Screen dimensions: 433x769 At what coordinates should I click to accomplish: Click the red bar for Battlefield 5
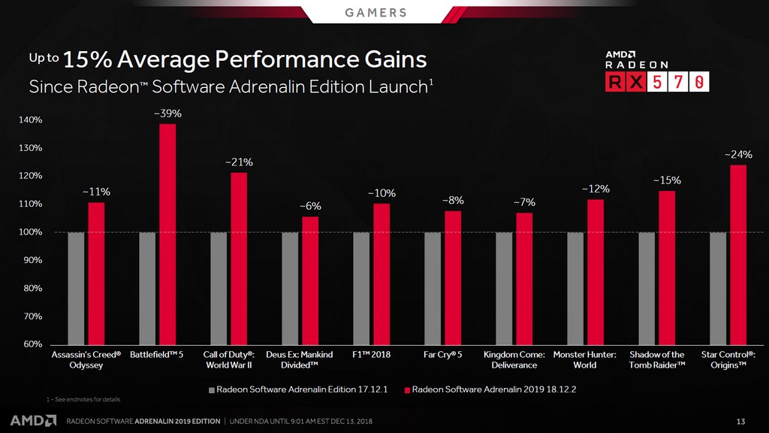(x=167, y=233)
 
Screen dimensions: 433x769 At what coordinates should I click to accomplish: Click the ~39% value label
(x=167, y=114)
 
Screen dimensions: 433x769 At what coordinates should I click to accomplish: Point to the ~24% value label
(x=738, y=154)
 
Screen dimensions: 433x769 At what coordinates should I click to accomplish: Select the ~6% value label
(x=310, y=206)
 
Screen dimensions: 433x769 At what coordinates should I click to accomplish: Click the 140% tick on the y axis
(x=31, y=120)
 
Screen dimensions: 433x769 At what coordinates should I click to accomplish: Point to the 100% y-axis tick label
(x=31, y=232)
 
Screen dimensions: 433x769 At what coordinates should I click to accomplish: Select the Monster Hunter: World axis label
(x=585, y=359)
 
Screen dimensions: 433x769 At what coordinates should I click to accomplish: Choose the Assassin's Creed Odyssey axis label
(x=86, y=359)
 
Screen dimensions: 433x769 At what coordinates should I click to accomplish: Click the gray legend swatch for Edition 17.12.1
(x=211, y=390)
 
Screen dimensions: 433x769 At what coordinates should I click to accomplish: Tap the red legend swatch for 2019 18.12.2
(x=407, y=390)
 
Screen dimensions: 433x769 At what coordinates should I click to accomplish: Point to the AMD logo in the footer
(x=32, y=419)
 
